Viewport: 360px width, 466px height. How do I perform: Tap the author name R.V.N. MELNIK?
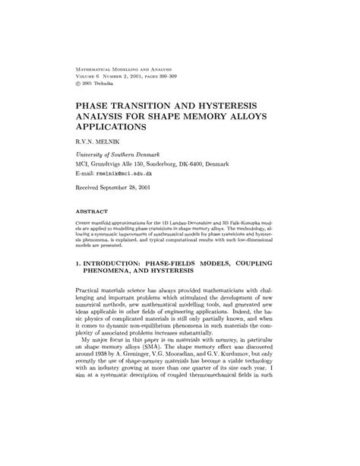coord(101,141)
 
